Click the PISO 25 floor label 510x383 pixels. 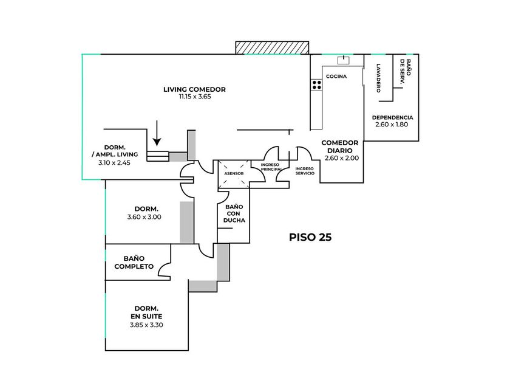[310, 237]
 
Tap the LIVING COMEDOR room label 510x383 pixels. [194, 89]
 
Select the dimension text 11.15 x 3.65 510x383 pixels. [194, 97]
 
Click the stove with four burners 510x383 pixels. [316, 85]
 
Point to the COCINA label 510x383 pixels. [336, 77]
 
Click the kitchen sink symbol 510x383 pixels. [344, 60]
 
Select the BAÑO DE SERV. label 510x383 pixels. [405, 72]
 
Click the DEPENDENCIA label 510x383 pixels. [392, 117]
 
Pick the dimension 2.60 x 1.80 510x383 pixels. [392, 125]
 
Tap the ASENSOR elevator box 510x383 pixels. [234, 174]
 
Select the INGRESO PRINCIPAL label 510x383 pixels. [270, 168]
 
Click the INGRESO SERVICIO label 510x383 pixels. [305, 171]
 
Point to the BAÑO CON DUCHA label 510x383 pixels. [234, 214]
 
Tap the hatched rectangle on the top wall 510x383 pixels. [272, 48]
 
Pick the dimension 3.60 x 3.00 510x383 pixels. [144, 217]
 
